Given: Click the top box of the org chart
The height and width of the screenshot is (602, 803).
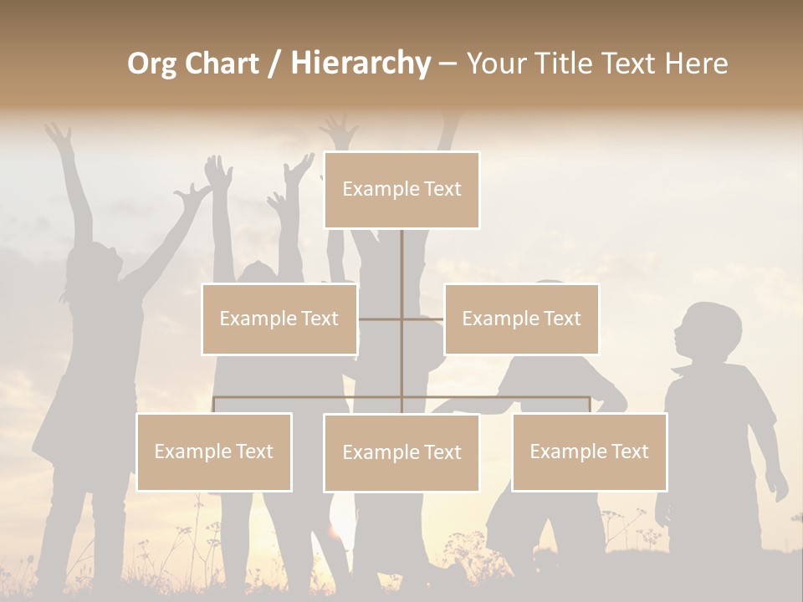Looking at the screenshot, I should pos(401,190).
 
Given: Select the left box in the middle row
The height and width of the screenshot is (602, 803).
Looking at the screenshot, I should pos(279,319).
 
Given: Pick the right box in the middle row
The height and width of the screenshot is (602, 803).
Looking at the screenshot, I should pos(521,319).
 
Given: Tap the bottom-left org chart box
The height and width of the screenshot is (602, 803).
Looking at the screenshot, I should pos(214,451).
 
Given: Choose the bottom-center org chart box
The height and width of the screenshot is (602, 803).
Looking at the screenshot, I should pos(401,452).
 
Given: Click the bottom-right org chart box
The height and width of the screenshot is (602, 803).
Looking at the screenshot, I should pos(589,451).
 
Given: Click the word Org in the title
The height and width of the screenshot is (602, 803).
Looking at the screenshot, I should pos(151,64).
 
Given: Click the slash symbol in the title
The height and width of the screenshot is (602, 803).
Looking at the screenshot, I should pos(274,64).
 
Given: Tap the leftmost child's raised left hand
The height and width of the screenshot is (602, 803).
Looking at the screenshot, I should pos(58,134).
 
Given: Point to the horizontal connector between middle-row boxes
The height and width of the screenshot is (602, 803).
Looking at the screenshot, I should pos(401,319).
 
